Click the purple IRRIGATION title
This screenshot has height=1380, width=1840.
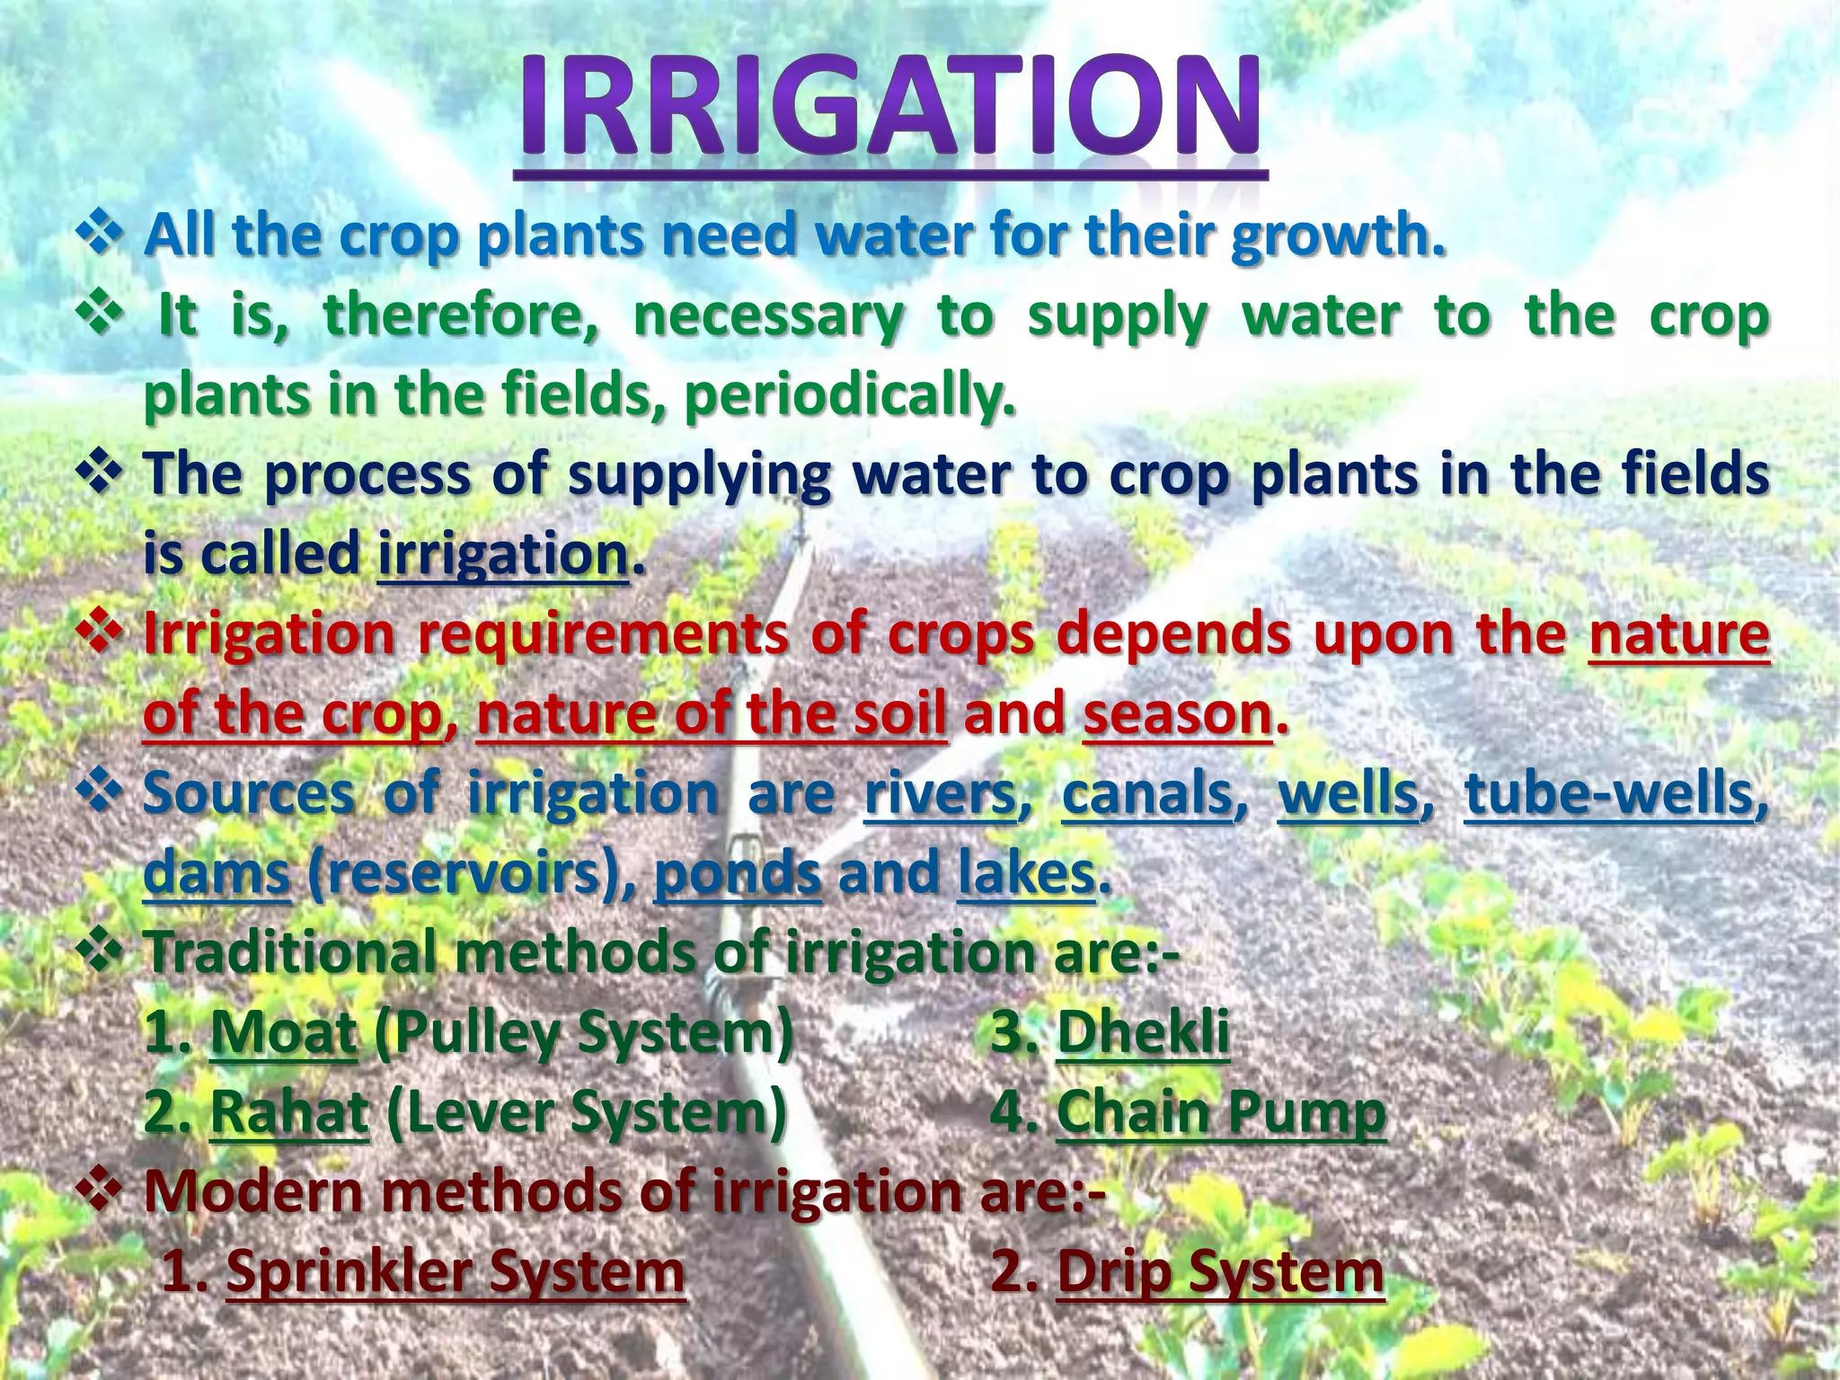[x=889, y=110]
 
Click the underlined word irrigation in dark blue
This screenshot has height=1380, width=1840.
[x=502, y=553]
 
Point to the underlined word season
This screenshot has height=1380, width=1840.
[x=1178, y=713]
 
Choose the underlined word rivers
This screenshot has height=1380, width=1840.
[x=940, y=794]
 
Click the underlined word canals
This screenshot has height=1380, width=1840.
[x=1148, y=794]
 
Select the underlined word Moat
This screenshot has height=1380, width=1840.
[x=283, y=1033]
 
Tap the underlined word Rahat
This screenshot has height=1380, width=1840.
[x=288, y=1112]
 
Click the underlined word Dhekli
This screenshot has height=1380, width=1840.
[x=1143, y=1033]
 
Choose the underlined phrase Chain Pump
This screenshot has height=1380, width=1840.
[x=1221, y=1112]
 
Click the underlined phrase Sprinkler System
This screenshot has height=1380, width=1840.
[x=456, y=1272]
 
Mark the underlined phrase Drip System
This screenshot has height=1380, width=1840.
[x=1220, y=1272]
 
